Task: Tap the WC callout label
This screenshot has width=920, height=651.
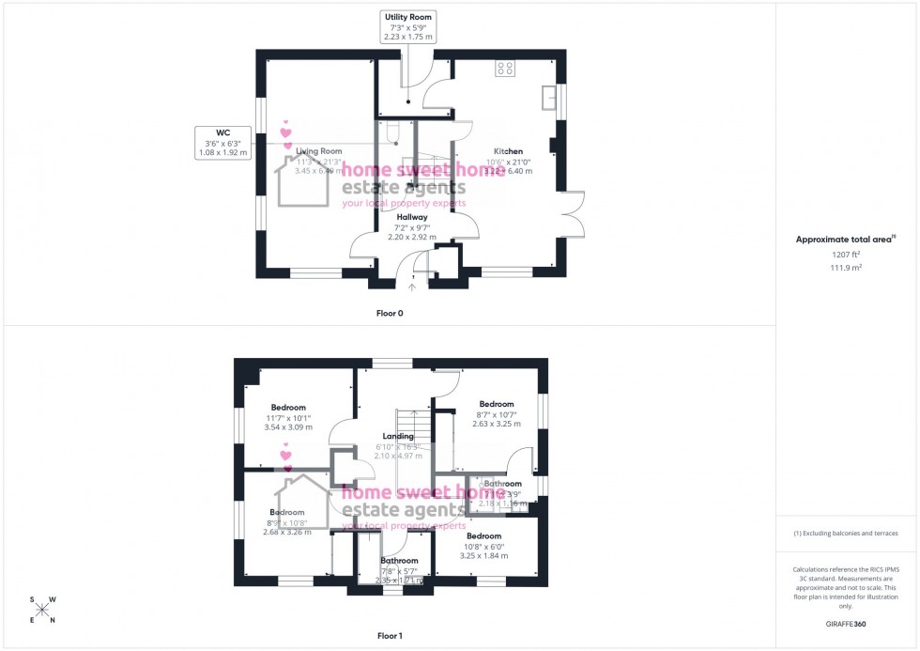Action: [223, 142]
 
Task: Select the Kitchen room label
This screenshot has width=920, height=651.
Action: [508, 151]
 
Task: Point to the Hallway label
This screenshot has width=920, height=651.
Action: [411, 216]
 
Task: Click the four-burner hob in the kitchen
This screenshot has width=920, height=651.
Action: [505, 68]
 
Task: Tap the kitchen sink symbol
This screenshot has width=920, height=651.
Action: [546, 98]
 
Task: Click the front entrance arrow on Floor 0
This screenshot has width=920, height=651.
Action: [411, 287]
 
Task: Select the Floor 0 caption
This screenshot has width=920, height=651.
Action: [389, 313]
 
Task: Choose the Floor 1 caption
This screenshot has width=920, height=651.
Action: [390, 636]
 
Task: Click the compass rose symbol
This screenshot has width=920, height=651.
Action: [42, 610]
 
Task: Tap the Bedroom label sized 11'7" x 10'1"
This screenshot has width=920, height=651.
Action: [288, 407]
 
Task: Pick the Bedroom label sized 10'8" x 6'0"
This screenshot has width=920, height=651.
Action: [483, 535]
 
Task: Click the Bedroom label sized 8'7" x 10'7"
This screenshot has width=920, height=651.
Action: [497, 404]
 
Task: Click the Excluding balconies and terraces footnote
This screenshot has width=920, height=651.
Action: [846, 533]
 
